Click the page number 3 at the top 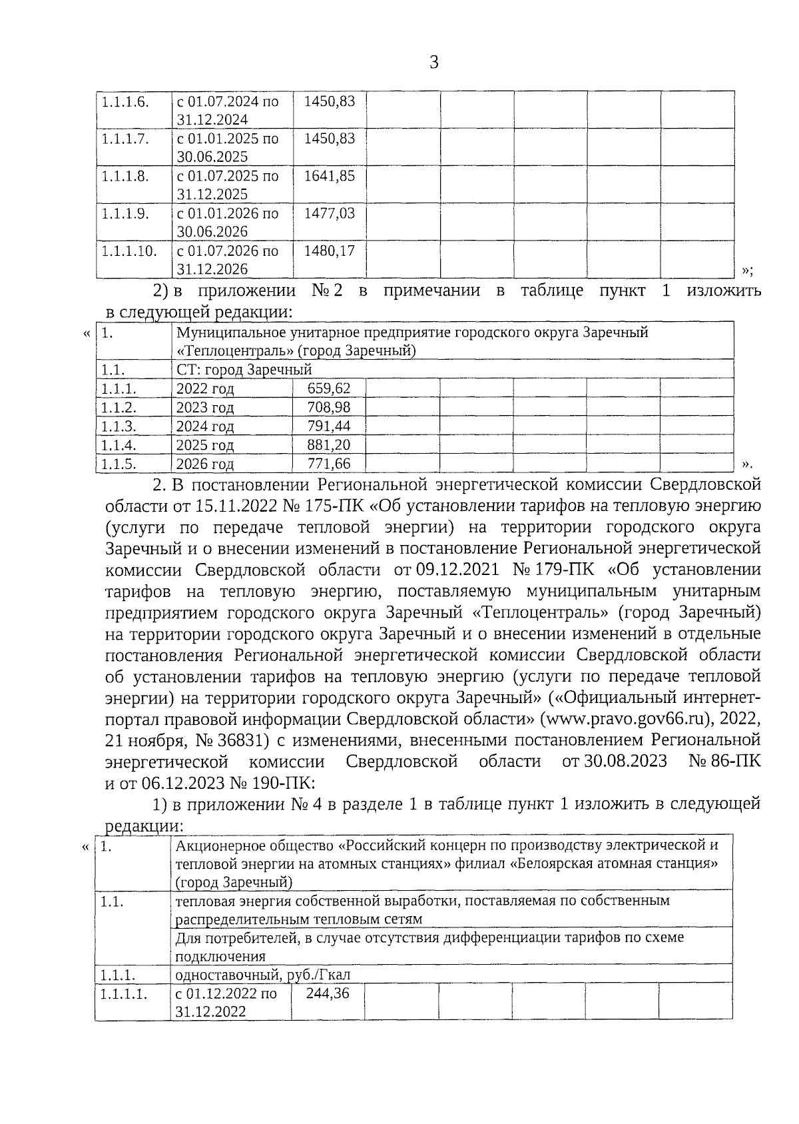(x=434, y=63)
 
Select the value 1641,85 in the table (x=329, y=177)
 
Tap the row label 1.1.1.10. (x=129, y=251)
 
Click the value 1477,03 (x=329, y=214)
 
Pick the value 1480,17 (x=329, y=251)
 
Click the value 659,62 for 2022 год (x=329, y=388)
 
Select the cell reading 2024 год (x=204, y=426)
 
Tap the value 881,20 (x=329, y=445)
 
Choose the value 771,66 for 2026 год (x=329, y=464)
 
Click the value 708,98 (x=329, y=407)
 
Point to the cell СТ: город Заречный (x=244, y=370)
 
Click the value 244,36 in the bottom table (x=327, y=993)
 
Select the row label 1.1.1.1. (x=124, y=993)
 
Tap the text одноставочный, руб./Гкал (x=262, y=975)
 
